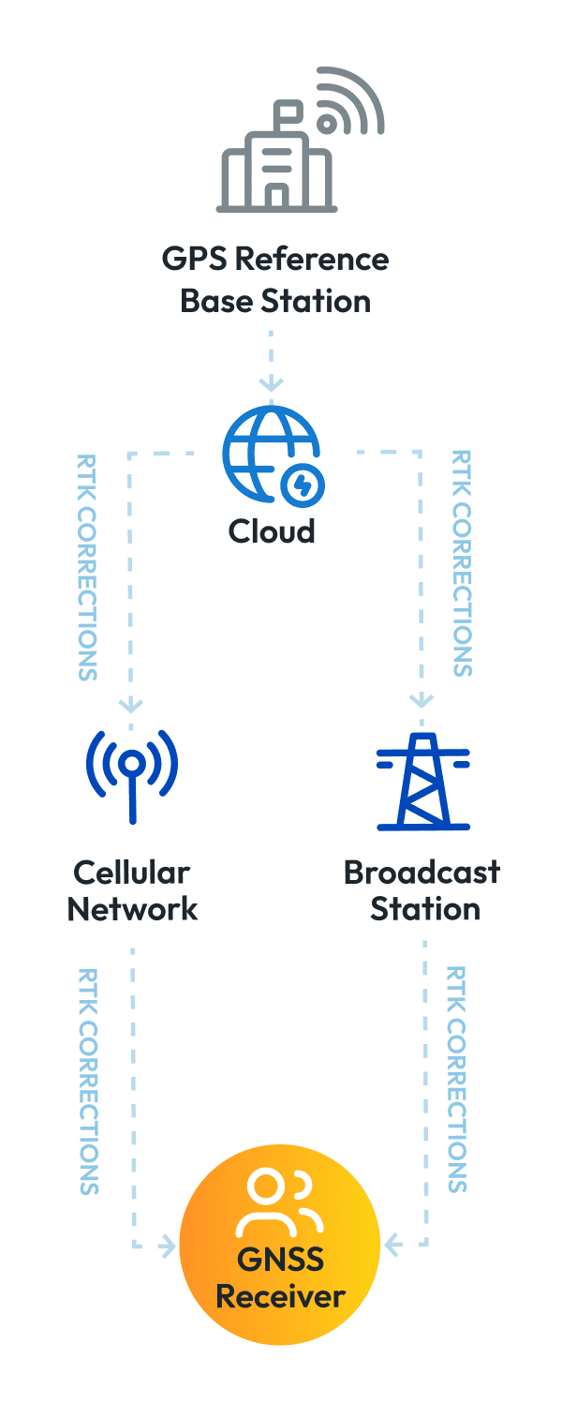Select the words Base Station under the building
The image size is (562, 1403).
pyautogui.click(x=274, y=301)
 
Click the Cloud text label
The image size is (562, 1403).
pyautogui.click(x=272, y=531)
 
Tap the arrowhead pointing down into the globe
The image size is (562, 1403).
pyautogui.click(x=271, y=383)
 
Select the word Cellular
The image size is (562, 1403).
pyautogui.click(x=131, y=873)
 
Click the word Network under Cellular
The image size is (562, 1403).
pyautogui.click(x=132, y=908)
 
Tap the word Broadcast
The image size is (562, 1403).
pyautogui.click(x=421, y=873)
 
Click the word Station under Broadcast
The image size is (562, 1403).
pyautogui.click(x=425, y=908)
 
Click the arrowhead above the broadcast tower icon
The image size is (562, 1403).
pyautogui.click(x=423, y=699)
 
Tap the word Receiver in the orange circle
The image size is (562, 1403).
pyautogui.click(x=280, y=1297)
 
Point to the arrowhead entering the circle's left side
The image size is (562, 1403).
pyautogui.click(x=167, y=1246)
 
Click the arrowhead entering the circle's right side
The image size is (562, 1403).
pyautogui.click(x=394, y=1245)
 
